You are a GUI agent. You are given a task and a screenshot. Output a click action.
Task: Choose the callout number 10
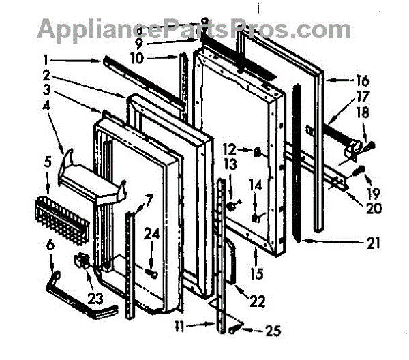point(136,58)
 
